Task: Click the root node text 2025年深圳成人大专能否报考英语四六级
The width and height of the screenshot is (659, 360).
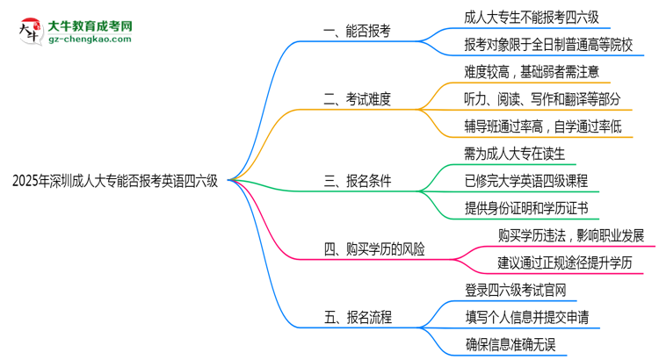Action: pyautogui.click(x=115, y=182)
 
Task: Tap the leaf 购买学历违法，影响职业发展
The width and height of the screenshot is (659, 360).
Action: pyautogui.click(x=570, y=236)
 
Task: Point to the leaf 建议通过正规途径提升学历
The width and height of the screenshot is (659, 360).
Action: pyautogui.click(x=566, y=263)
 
